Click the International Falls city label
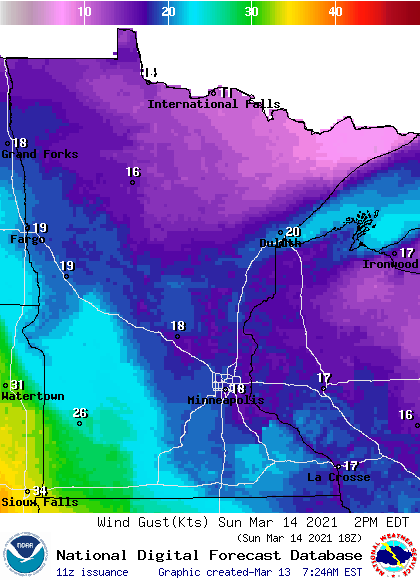pyautogui.click(x=207, y=104)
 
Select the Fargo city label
pyautogui.click(x=27, y=240)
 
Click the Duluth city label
pyautogui.click(x=280, y=243)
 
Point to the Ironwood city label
pyautogui.click(x=390, y=264)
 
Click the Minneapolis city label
pyautogui.click(x=226, y=400)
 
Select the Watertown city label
pyautogui.click(x=32, y=396)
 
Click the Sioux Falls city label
pyautogui.click(x=39, y=502)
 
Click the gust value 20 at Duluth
pyautogui.click(x=293, y=232)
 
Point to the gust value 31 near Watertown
pyautogui.click(x=17, y=385)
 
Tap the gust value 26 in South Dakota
pyautogui.click(x=80, y=413)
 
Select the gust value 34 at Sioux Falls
pyautogui.click(x=40, y=491)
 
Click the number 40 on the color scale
pyautogui.click(x=335, y=11)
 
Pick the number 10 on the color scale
pyautogui.click(x=85, y=11)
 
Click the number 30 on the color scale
pyautogui.click(x=251, y=11)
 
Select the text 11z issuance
pyautogui.click(x=92, y=572)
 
